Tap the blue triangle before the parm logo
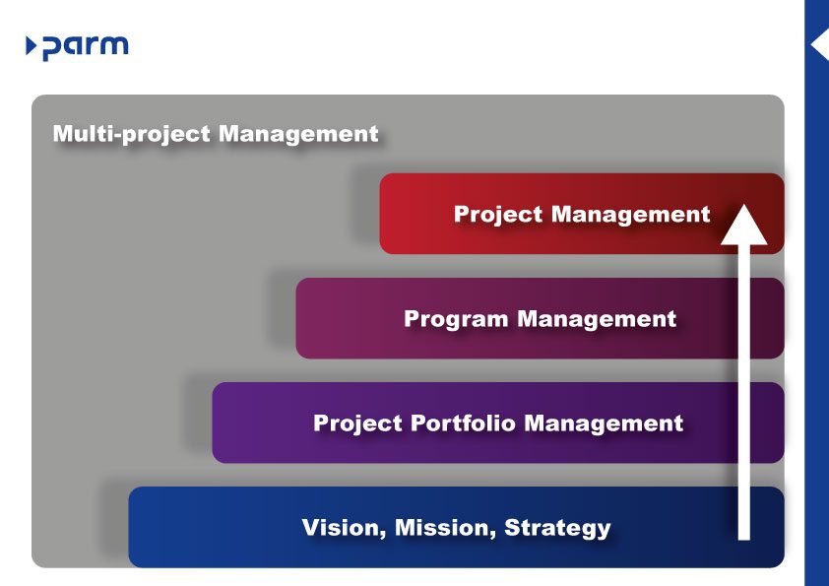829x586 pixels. click(x=32, y=45)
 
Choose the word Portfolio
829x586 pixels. click(x=461, y=423)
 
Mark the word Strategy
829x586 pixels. click(x=557, y=528)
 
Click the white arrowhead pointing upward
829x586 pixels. click(x=744, y=225)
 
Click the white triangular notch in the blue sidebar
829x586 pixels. click(x=819, y=46)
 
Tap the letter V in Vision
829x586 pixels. click(x=311, y=528)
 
